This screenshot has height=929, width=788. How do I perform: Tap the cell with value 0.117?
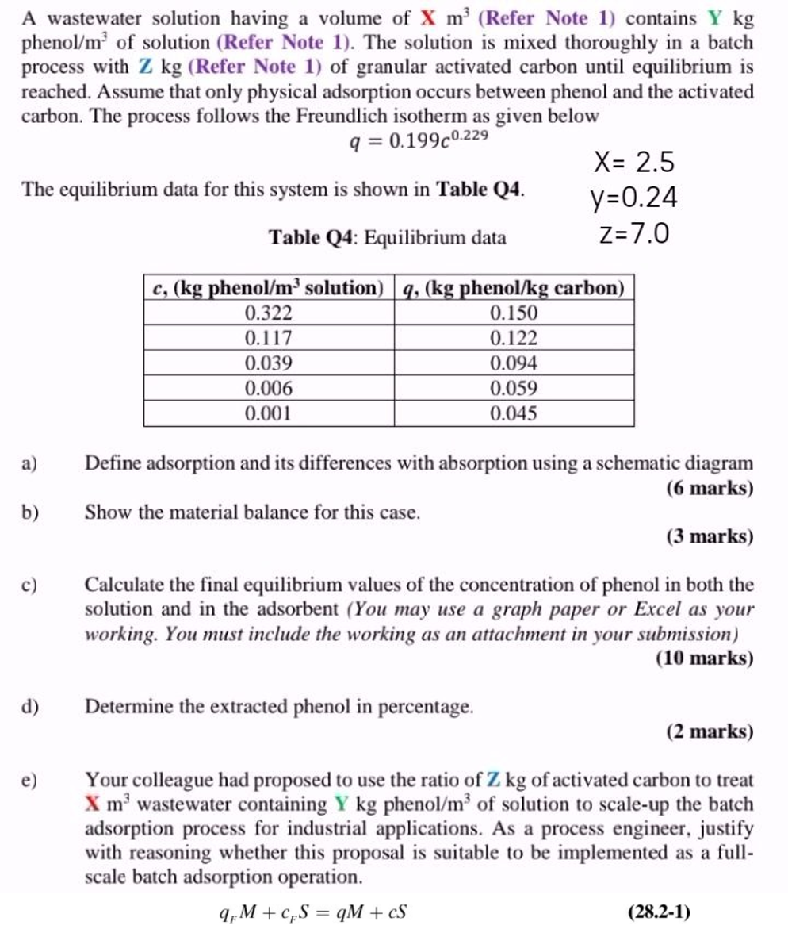tap(269, 339)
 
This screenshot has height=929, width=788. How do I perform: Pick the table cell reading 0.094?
tap(514, 363)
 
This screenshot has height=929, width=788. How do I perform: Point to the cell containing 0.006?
tap(269, 389)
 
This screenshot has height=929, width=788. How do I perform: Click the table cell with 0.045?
tap(514, 413)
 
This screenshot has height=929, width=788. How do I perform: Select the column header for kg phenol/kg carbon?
tap(514, 288)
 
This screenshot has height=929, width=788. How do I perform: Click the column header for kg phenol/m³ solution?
tap(269, 288)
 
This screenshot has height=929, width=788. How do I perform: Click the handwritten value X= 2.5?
tap(634, 163)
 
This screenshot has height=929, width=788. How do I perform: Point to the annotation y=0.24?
tap(633, 198)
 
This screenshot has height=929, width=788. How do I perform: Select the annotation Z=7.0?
tap(633, 233)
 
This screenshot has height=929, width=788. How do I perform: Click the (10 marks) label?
tap(705, 658)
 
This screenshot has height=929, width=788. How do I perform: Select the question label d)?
tap(31, 706)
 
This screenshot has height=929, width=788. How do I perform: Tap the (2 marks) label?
tap(710, 731)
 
